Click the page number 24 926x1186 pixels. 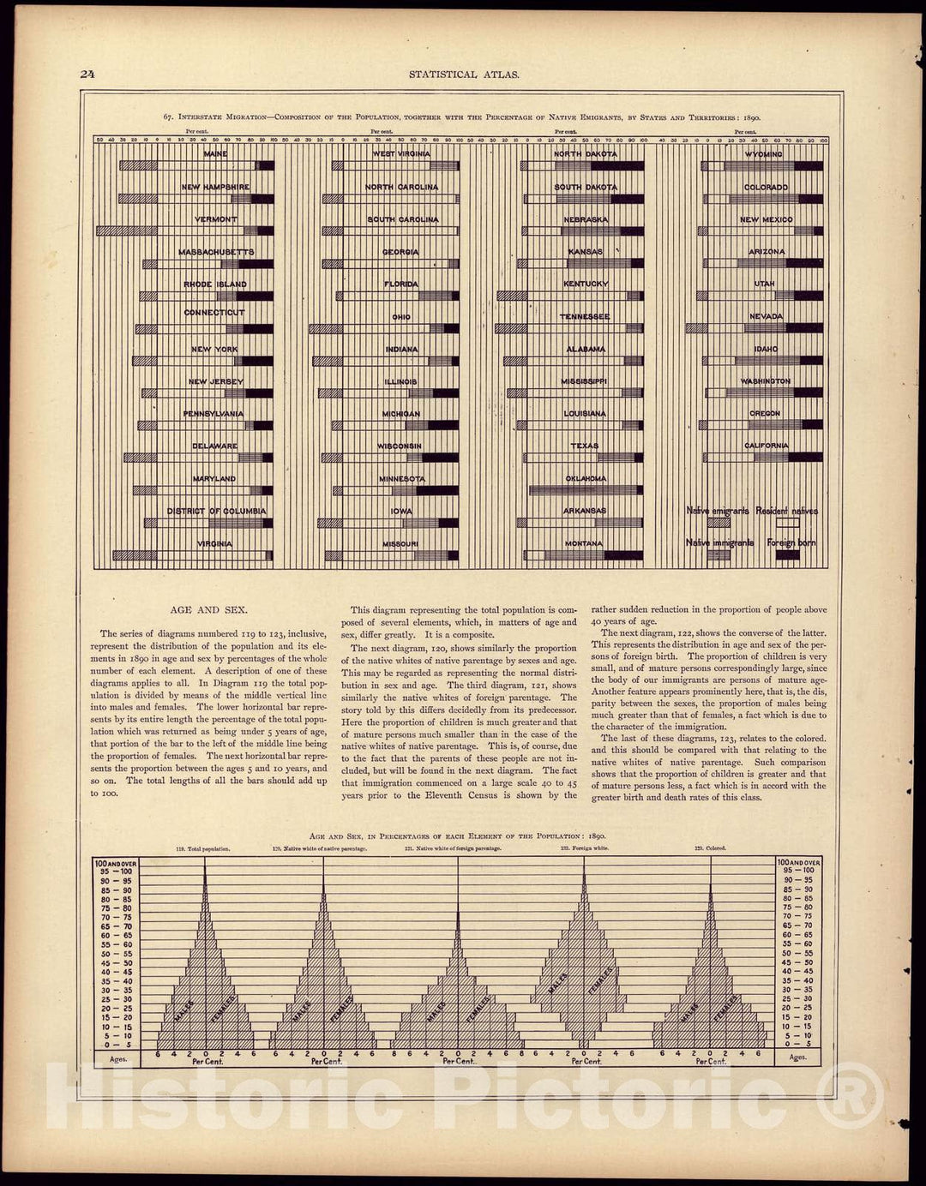click(x=87, y=74)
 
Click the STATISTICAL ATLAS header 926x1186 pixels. click(x=464, y=75)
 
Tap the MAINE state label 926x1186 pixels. click(x=216, y=154)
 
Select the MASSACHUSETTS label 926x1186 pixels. click(x=216, y=252)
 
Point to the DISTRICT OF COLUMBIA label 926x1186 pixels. click(x=216, y=511)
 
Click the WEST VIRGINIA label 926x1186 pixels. click(x=401, y=154)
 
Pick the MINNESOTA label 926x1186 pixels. click(x=401, y=479)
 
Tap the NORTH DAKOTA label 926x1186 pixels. click(x=586, y=154)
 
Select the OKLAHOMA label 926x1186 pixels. click(x=586, y=479)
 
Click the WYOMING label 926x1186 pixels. click(x=764, y=154)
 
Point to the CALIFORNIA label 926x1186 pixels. click(x=766, y=446)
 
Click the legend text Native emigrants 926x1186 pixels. click(x=718, y=511)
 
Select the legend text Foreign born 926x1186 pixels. click(x=791, y=542)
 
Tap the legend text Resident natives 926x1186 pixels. click(x=787, y=511)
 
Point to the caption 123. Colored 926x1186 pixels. click(x=711, y=848)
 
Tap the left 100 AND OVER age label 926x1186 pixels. click(x=117, y=862)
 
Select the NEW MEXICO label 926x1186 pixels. click(x=766, y=219)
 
